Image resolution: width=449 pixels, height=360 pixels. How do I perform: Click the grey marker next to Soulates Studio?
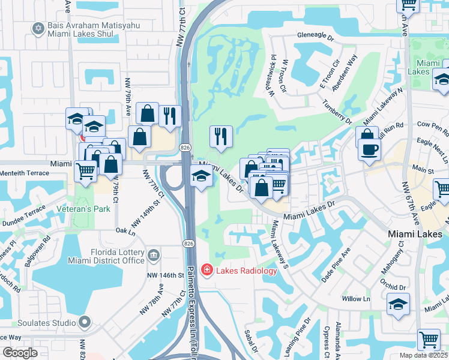pos(85,323)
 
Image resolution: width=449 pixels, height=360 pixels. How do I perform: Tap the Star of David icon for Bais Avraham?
pos(39,28)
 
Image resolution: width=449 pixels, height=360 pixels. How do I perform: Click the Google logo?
pos(20,353)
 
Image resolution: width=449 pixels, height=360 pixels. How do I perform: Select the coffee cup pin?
pos(369,149)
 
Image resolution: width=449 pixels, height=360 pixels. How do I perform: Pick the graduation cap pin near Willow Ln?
pos(399,305)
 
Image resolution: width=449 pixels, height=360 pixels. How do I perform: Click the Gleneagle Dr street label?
pos(315,36)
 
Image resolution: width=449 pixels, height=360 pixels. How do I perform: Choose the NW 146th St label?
pos(165,275)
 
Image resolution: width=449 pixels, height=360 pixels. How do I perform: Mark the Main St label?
pos(425,172)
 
